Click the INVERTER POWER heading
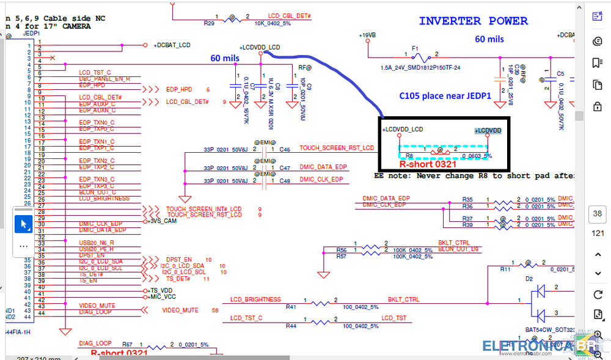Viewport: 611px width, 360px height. click(x=473, y=21)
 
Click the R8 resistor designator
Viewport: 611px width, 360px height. click(x=410, y=156)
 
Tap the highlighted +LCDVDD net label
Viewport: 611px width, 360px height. click(x=488, y=131)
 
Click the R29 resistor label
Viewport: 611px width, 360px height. click(x=208, y=23)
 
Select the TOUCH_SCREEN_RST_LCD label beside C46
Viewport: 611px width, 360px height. click(x=336, y=149)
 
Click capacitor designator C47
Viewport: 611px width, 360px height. click(x=285, y=167)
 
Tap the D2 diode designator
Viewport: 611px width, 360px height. click(x=529, y=279)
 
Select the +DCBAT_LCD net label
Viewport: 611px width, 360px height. click(x=172, y=45)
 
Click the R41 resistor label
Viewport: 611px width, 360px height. click(x=291, y=307)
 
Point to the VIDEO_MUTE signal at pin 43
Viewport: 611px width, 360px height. click(x=97, y=306)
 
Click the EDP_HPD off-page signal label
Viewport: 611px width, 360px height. click(x=179, y=90)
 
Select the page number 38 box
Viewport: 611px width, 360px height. click(x=597, y=214)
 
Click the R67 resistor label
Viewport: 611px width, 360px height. click(x=127, y=345)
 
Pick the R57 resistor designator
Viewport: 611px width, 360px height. click(x=342, y=257)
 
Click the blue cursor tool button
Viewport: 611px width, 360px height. click(x=23, y=224)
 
